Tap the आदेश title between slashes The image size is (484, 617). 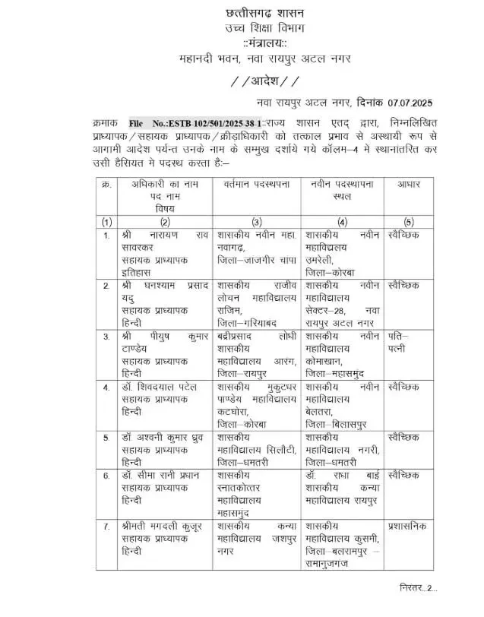coord(264,81)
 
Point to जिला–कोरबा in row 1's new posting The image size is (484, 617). coord(331,269)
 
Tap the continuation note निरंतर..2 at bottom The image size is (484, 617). coord(418,588)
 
